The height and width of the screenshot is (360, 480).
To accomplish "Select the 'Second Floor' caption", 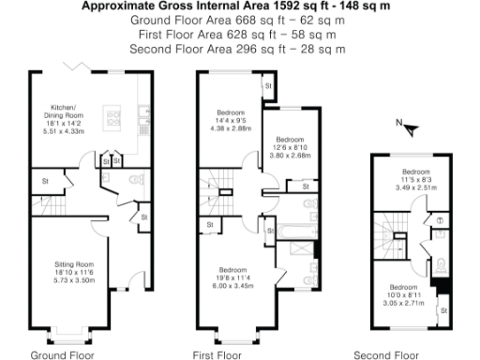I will tap(385, 354).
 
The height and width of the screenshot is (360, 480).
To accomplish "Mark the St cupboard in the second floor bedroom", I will tap(443, 308).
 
